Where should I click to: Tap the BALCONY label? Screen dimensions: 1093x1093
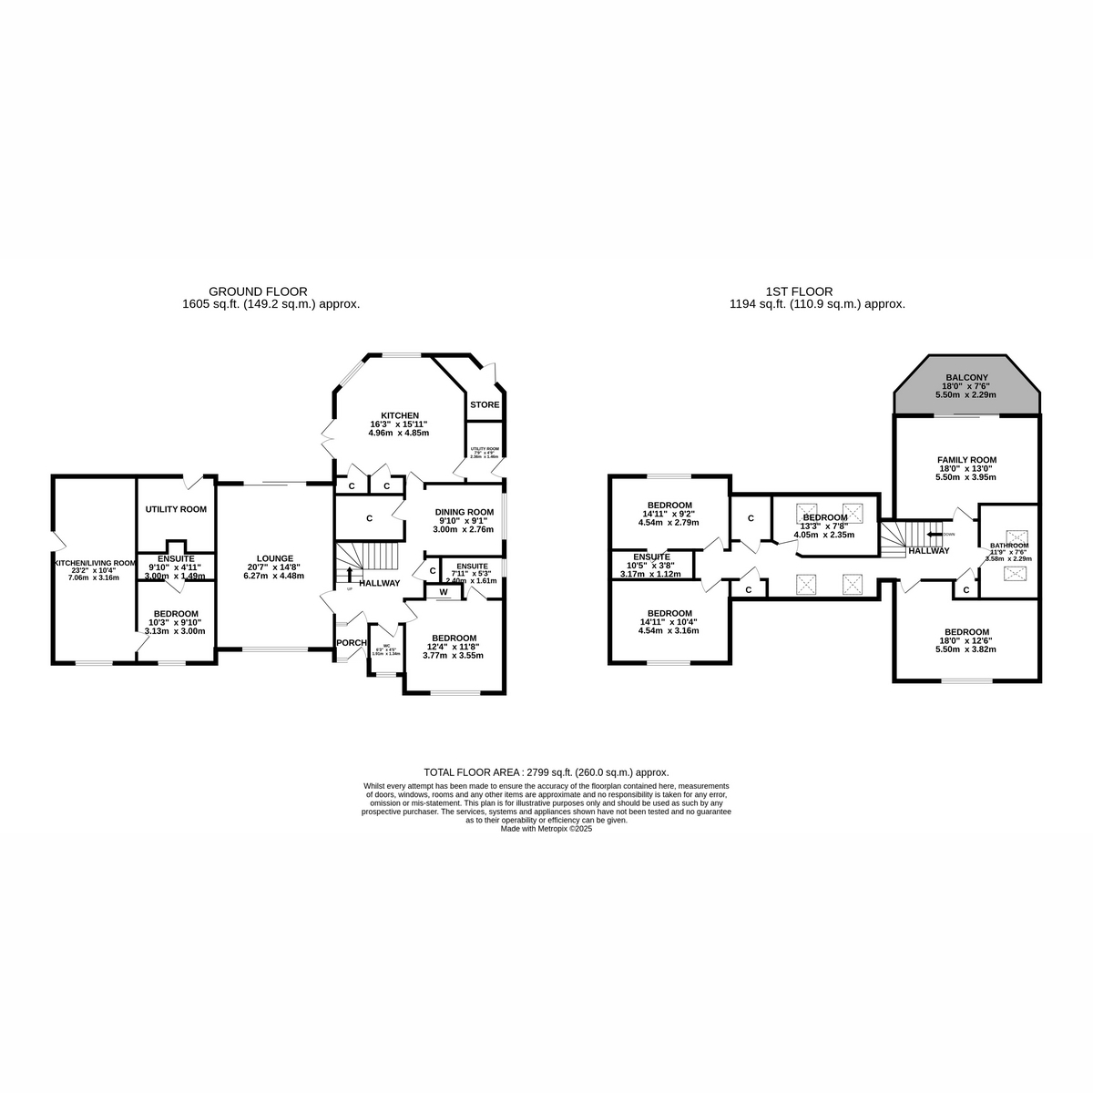(x=966, y=377)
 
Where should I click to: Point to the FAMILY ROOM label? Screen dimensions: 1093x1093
(x=966, y=460)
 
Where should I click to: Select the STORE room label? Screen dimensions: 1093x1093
(x=485, y=404)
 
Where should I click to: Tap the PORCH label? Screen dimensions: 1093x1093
(x=350, y=643)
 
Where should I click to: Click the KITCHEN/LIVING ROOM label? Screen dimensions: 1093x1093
(x=94, y=564)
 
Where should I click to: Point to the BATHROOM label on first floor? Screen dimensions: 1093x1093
(x=1009, y=546)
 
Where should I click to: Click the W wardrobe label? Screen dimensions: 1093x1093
(x=444, y=592)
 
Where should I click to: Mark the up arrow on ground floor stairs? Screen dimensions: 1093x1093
(x=350, y=573)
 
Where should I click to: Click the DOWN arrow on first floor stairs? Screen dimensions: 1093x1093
(x=935, y=534)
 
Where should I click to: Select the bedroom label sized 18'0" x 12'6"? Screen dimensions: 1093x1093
(x=966, y=632)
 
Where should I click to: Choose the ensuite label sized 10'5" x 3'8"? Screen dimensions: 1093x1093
(x=651, y=557)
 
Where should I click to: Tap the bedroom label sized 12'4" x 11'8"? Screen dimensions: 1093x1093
(x=454, y=638)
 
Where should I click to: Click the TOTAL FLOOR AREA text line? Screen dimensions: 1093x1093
(x=546, y=771)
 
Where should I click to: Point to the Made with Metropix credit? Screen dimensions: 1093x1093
(x=546, y=829)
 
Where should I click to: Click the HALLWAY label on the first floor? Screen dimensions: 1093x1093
(x=928, y=550)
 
